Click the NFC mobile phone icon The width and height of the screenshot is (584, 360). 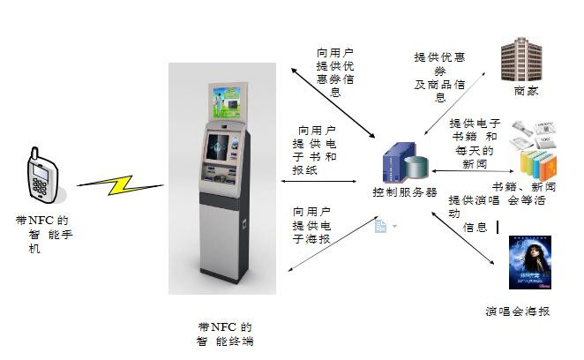click(41, 173)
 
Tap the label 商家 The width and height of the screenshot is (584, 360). click(526, 91)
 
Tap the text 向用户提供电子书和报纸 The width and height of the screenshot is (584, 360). click(316, 150)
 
